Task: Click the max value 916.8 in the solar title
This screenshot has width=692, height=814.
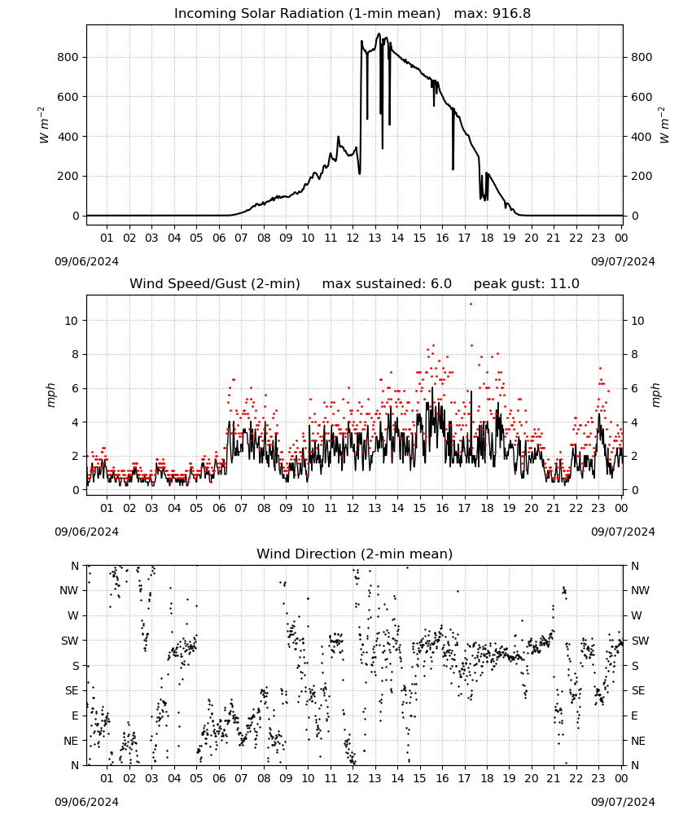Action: click(511, 14)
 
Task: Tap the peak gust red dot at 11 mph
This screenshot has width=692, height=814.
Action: click(471, 304)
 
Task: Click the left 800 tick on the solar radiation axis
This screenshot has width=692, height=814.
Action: click(68, 57)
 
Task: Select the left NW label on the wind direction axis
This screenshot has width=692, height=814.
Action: click(70, 590)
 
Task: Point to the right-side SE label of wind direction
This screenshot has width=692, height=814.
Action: click(638, 690)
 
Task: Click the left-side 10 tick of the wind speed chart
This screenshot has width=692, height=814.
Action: click(71, 321)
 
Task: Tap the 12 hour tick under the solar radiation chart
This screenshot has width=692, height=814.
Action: click(353, 238)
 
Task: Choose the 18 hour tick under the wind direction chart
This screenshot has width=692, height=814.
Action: click(487, 778)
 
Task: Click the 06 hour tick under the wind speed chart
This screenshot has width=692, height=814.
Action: click(218, 508)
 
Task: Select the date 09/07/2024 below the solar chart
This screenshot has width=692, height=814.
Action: click(623, 261)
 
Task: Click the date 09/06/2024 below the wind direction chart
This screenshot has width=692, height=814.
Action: click(86, 802)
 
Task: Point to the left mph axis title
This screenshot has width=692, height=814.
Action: click(50, 395)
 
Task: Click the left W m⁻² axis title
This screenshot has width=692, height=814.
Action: click(44, 125)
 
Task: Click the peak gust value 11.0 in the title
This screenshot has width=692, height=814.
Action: click(565, 284)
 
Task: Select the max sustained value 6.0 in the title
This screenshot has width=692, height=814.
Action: click(441, 284)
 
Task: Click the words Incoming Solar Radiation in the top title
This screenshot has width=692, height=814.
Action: click(259, 14)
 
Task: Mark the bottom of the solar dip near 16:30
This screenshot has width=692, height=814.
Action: click(453, 169)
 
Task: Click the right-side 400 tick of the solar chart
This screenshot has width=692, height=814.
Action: click(642, 137)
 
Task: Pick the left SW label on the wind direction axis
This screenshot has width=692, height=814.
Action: click(70, 641)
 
